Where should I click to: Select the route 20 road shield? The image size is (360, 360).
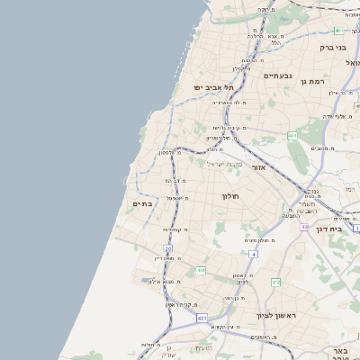coord(167,247)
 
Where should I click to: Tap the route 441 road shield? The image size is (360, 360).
coord(200,270)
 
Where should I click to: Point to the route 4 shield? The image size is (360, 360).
coord(254,255)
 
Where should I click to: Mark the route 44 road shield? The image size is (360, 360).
coord(305,227)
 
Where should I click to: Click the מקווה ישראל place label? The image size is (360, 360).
coord(226,164)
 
